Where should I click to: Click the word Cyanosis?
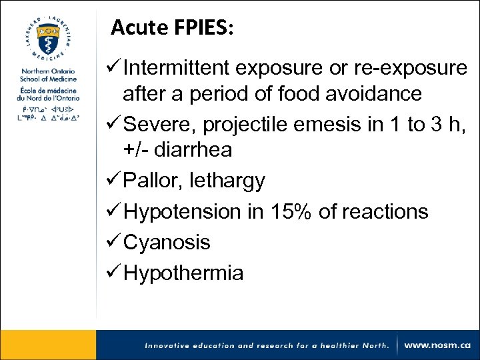point(167,243)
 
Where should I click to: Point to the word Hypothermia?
point(183,273)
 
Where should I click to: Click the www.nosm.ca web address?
point(437,345)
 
